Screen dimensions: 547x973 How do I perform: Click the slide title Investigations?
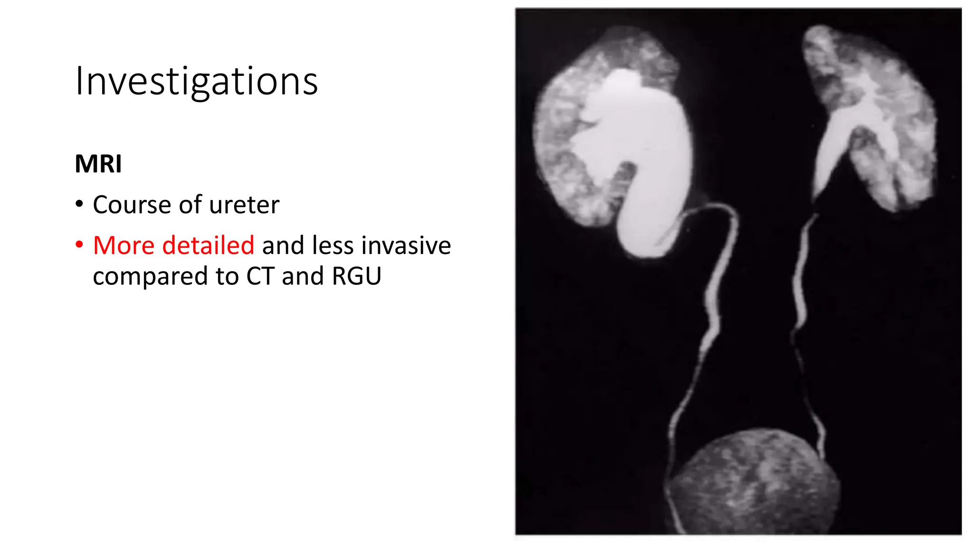click(196, 82)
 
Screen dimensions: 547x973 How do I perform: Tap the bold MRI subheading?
click(98, 164)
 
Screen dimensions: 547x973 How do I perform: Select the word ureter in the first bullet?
click(244, 205)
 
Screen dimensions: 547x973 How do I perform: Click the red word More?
click(124, 245)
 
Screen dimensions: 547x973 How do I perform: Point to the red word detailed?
click(208, 245)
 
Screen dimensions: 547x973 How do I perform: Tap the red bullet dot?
click(79, 245)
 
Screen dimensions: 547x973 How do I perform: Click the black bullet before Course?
click(79, 205)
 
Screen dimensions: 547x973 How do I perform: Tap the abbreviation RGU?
click(356, 276)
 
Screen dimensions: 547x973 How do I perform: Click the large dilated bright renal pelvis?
click(637, 142)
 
